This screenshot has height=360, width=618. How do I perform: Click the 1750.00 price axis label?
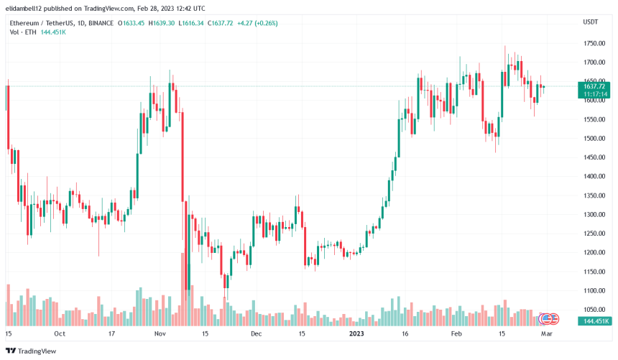[x=594, y=43]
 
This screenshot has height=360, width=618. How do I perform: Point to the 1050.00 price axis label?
[x=594, y=310]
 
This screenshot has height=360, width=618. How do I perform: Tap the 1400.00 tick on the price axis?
[x=594, y=176]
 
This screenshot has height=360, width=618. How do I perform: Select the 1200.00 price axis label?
[x=594, y=252]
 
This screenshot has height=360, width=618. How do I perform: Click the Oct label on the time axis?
[x=60, y=334]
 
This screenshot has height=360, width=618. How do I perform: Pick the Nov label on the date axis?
[x=160, y=334]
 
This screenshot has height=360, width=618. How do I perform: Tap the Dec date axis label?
[x=257, y=334]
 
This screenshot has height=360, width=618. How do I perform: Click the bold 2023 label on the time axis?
[x=356, y=334]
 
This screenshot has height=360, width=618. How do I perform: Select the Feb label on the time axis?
[x=456, y=334]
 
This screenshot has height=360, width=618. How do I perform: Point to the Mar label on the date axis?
[x=547, y=334]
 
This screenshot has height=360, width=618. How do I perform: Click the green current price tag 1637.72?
[x=594, y=86]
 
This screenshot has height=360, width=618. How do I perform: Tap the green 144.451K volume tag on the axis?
[x=594, y=321]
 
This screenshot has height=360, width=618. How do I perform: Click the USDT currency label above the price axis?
[x=590, y=23]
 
